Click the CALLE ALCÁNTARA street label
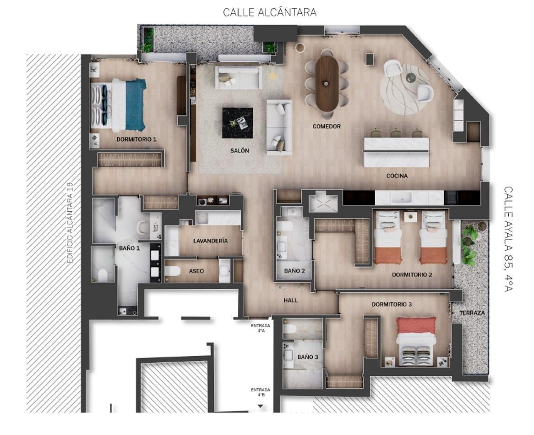tap(269, 12)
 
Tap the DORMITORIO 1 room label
tap(136, 139)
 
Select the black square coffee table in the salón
tap(237, 122)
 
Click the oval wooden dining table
tap(327, 83)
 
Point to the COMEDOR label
tap(327, 126)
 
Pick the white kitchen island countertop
tap(396, 151)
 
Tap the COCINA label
tap(397, 176)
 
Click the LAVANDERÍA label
tap(210, 241)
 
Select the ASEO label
tap(196, 271)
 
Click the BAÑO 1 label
tap(129, 248)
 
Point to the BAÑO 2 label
tap(294, 271)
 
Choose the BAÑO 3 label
tap(305, 357)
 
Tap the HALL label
tap(290, 300)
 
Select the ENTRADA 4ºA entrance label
tap(260, 328)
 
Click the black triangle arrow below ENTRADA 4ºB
tap(260, 406)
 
